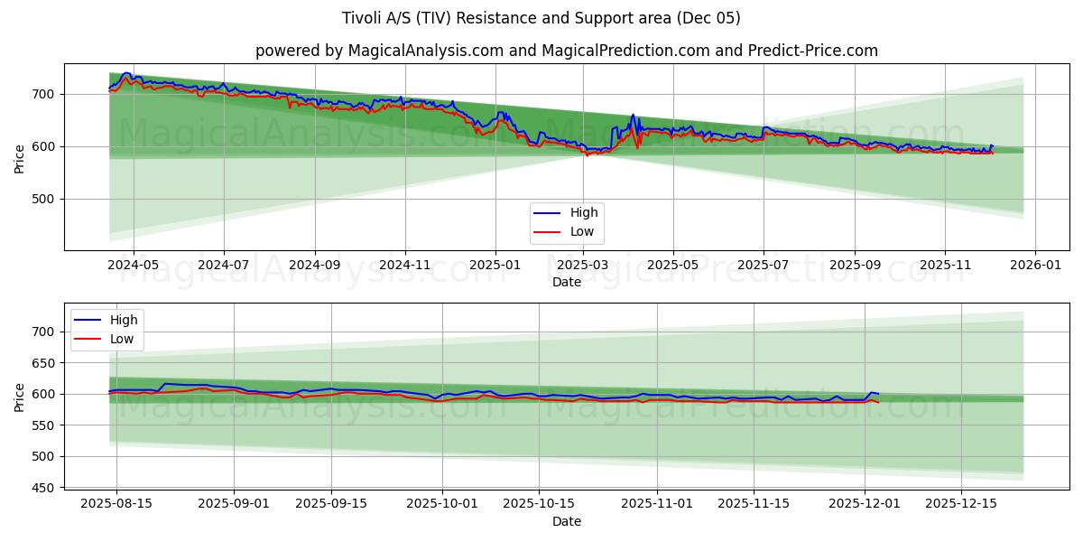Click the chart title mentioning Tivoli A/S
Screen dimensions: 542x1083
point(541,18)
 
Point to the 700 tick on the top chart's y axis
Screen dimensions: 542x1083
point(45,94)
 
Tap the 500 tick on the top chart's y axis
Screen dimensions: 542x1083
point(45,199)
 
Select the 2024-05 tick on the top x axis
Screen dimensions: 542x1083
point(134,266)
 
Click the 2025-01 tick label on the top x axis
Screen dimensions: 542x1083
point(495,266)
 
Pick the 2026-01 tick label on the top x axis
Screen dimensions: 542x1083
point(1034,266)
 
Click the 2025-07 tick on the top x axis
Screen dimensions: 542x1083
point(764,266)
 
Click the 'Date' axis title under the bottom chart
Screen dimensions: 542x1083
point(567,521)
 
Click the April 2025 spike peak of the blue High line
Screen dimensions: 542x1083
point(632,115)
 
